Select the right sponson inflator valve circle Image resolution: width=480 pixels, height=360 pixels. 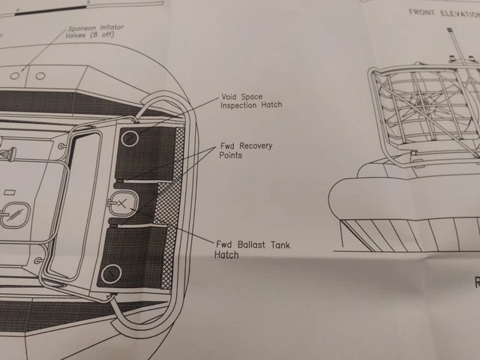coord(39,75)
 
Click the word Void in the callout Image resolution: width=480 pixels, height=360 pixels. coord(232,96)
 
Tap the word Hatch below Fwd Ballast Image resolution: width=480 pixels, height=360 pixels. coord(226,255)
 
